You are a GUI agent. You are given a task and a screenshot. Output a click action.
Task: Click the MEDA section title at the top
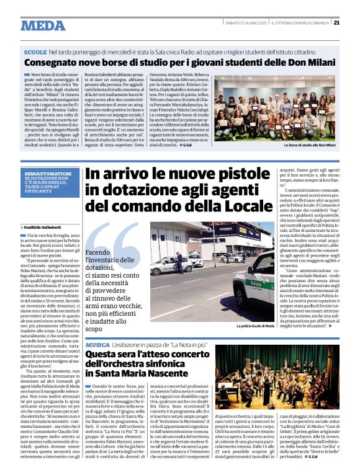point(42,25)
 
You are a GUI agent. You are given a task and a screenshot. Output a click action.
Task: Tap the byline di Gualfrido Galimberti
point(45,228)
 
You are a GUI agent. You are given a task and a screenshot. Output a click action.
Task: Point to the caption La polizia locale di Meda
point(254,324)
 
